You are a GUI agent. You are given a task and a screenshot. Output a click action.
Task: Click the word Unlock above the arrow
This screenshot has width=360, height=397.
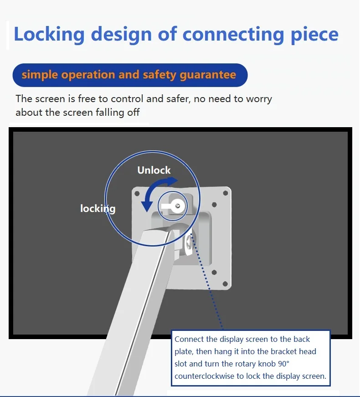pyautogui.click(x=154, y=170)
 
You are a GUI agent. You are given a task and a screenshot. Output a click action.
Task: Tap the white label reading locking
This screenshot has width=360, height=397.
pyautogui.click(x=98, y=209)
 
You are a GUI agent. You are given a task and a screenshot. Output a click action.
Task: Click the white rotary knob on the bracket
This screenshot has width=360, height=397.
pyautogui.click(x=173, y=206)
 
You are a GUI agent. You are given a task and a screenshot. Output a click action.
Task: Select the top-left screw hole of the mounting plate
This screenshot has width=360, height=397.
pyautogui.click(x=137, y=194)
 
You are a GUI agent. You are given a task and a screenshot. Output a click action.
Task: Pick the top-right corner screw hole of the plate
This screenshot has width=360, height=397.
pyautogui.click(x=225, y=193)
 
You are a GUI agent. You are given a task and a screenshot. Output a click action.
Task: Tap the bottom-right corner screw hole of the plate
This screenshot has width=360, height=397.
pyautogui.click(x=225, y=284)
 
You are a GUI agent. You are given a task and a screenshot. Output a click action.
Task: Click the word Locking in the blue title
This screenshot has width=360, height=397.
pyautogui.click(x=49, y=34)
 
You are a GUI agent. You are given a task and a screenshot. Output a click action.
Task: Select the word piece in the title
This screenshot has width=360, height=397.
pyautogui.click(x=314, y=35)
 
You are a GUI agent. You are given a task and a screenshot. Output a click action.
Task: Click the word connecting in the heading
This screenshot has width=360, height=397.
pyautogui.click(x=233, y=35)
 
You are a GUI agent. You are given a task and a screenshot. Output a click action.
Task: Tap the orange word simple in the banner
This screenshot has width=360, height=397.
pyautogui.click(x=40, y=75)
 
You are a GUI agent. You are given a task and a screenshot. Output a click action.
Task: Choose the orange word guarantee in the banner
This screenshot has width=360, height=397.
pyautogui.click(x=208, y=75)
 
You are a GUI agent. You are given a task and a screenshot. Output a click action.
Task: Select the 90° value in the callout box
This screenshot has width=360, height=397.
pyautogui.click(x=283, y=364)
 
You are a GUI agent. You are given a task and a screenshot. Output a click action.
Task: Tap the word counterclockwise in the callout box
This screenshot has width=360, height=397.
pyautogui.click(x=204, y=376)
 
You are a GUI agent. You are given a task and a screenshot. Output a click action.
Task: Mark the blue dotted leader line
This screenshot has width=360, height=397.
pyautogui.click(x=207, y=283)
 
